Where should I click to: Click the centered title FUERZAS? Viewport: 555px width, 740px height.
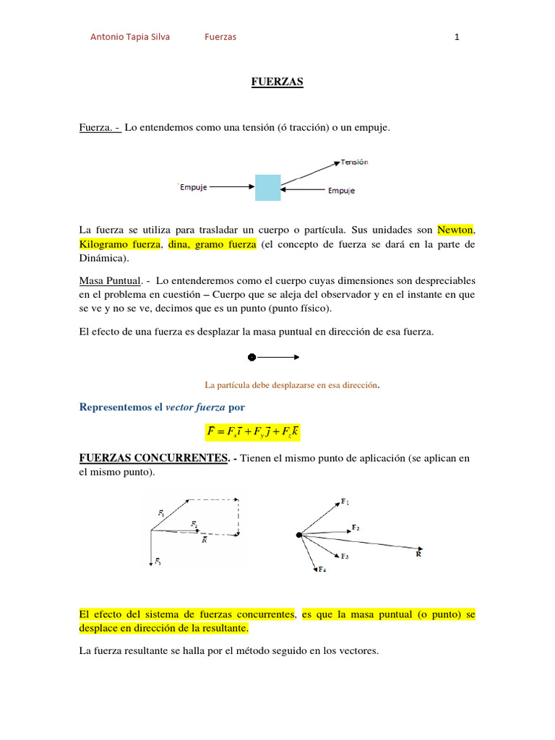[x=277, y=82]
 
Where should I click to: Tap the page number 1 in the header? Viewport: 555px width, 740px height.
[x=457, y=37]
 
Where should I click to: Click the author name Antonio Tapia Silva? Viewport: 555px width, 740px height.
[x=130, y=37]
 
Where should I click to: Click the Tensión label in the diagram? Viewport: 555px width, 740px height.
[x=354, y=163]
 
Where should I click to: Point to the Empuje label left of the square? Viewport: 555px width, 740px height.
[x=193, y=187]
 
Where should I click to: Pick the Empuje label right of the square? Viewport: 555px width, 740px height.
[x=341, y=191]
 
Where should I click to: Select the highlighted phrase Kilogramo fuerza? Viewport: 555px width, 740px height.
[x=119, y=244]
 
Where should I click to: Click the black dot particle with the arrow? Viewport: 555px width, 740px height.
[x=251, y=357]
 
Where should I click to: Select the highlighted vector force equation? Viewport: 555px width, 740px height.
[x=252, y=433]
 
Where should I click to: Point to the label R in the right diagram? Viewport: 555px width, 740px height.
[x=419, y=554]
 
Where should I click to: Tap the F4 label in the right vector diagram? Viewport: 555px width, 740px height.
[x=322, y=570]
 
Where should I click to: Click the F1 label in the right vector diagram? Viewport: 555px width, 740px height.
[x=345, y=502]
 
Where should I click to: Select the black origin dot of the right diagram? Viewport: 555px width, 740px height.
[x=298, y=535]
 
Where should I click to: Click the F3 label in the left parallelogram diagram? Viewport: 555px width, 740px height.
[x=158, y=562]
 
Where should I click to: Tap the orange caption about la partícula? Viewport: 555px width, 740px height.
[x=293, y=385]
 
